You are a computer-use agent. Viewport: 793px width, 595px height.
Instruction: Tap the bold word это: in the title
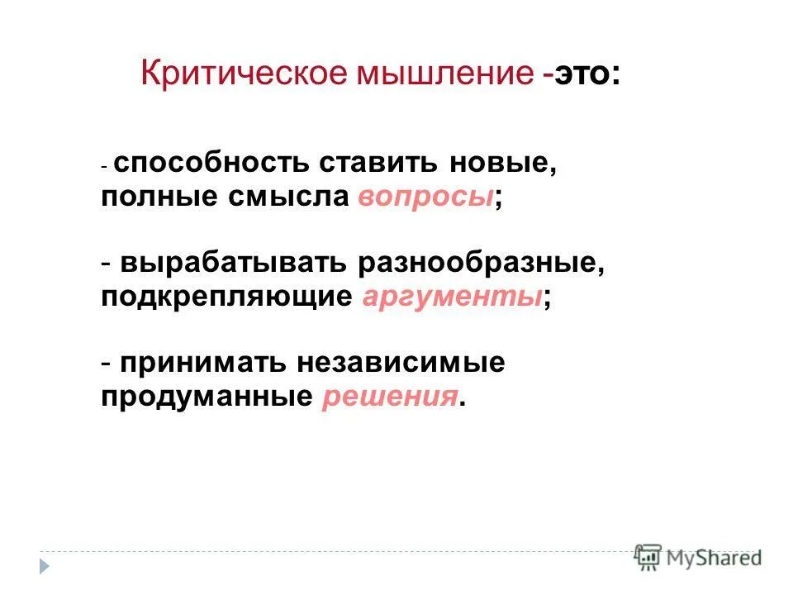pyautogui.click(x=586, y=74)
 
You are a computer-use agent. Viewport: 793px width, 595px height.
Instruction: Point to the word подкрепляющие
pyautogui.click(x=227, y=297)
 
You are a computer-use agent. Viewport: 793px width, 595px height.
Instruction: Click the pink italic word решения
pyautogui.click(x=389, y=397)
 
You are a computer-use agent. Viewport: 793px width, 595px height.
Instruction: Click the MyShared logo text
pyautogui.click(x=716, y=557)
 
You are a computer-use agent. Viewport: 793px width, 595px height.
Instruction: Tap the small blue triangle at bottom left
pyautogui.click(x=45, y=567)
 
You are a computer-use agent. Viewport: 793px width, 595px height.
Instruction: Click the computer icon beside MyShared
pyautogui.click(x=648, y=556)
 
